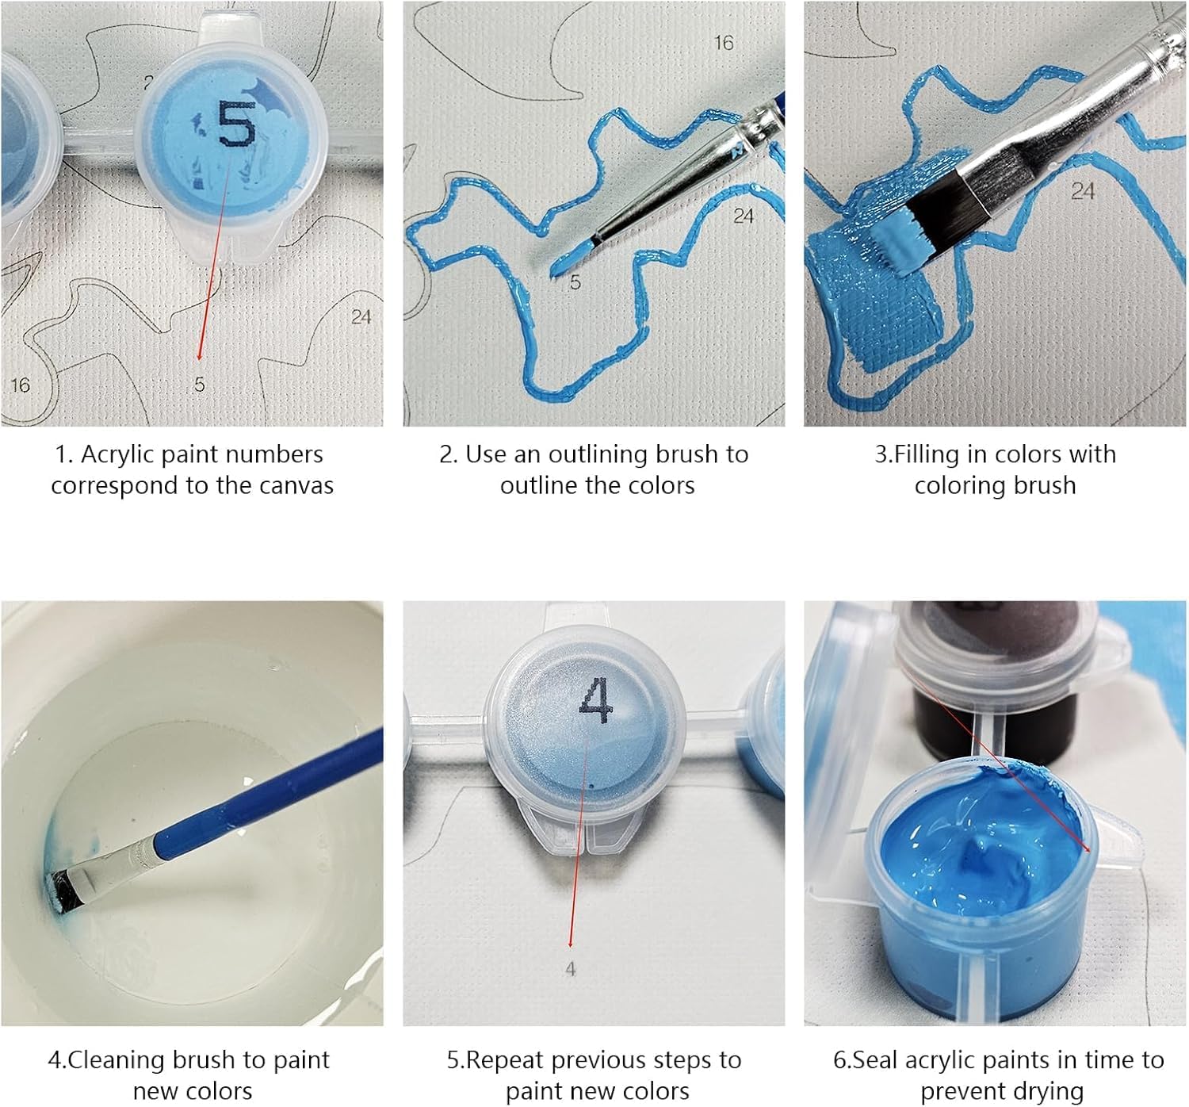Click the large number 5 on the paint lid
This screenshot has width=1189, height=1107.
point(237,124)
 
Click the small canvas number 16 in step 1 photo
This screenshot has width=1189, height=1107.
point(21,385)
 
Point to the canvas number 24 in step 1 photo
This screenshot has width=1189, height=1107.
point(361,317)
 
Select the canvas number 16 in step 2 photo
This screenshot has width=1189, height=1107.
point(724,43)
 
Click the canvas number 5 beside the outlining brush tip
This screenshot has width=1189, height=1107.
point(575,282)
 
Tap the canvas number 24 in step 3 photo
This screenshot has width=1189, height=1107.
point(1083,191)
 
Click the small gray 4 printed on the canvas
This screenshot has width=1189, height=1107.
point(571,969)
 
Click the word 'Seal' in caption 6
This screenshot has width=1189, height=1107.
point(874,1060)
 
